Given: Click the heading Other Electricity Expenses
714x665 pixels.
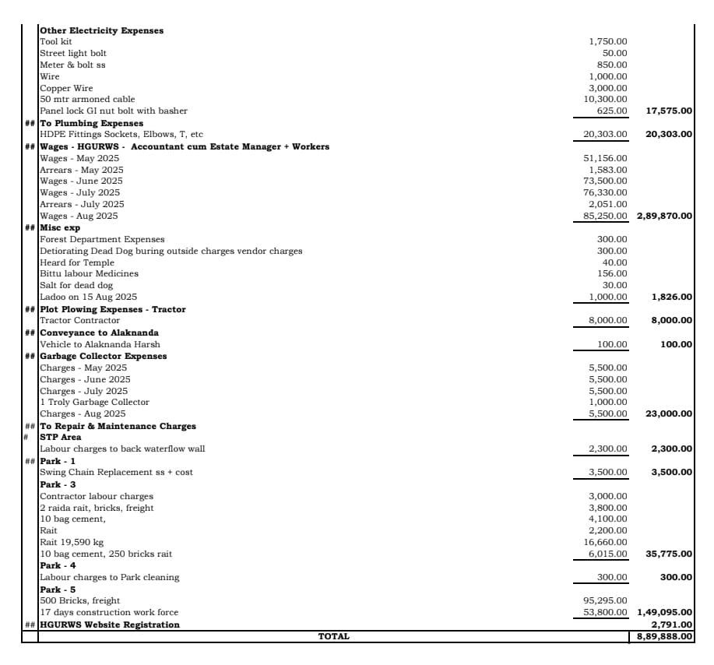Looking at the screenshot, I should [x=101, y=30].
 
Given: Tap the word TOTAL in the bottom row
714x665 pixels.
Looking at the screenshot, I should [x=333, y=636].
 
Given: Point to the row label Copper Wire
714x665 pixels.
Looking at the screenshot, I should [x=66, y=88].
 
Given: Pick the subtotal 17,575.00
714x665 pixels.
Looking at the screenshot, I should [x=669, y=111].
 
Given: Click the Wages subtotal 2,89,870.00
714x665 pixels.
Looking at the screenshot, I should [x=664, y=216].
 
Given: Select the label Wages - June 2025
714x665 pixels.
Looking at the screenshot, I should [x=81, y=181].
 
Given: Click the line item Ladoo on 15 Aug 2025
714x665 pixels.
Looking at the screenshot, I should [x=88, y=297].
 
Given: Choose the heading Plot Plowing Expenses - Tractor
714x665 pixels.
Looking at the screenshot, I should [x=113, y=309].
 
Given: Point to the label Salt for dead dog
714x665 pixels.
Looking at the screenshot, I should [x=76, y=286].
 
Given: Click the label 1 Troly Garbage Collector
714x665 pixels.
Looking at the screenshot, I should [x=94, y=402].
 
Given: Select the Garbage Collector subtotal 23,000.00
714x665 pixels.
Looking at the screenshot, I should [x=669, y=413].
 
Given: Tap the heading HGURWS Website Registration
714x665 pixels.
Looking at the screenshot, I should [x=110, y=625].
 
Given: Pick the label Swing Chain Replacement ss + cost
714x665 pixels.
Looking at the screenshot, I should [x=116, y=472].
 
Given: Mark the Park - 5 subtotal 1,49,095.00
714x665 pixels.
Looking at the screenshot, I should [x=664, y=612].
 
